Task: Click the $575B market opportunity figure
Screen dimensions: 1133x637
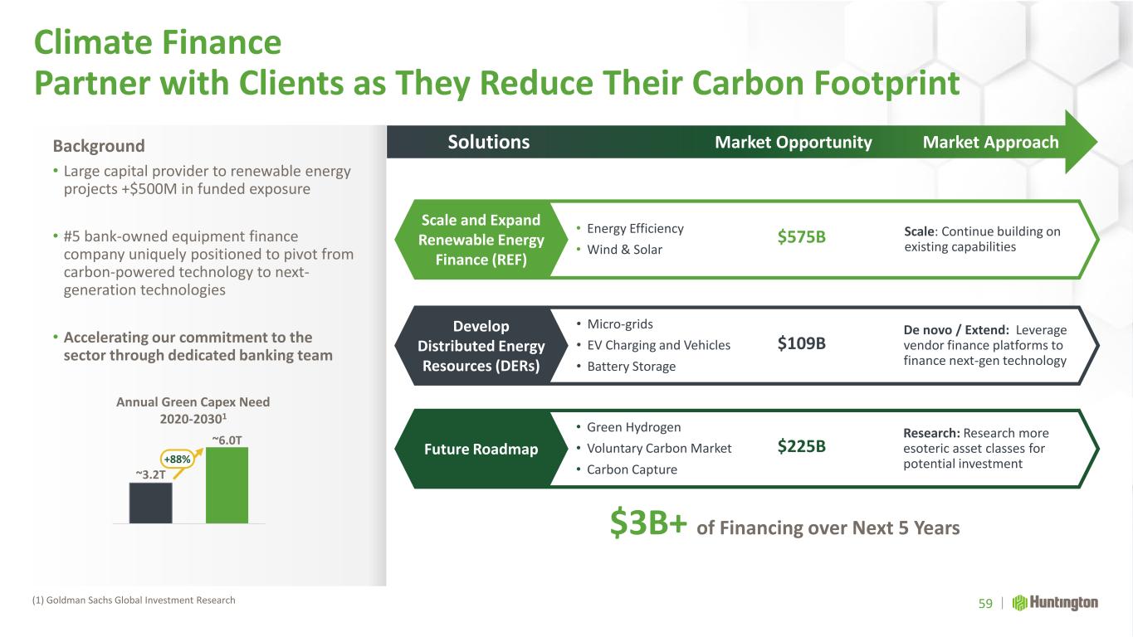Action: pos(801,236)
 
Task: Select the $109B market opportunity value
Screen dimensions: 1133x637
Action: pos(801,343)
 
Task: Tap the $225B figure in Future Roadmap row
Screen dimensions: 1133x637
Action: pos(801,446)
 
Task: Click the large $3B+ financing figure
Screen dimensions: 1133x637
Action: pos(648,523)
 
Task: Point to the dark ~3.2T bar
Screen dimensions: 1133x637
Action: pos(151,503)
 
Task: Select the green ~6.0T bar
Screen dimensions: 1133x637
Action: pos(227,485)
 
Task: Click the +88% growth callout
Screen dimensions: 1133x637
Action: pos(177,459)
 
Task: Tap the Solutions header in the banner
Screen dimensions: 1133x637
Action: pos(489,142)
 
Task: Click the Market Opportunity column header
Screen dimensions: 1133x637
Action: pos(794,143)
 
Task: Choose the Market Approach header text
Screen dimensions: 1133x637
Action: pos(990,143)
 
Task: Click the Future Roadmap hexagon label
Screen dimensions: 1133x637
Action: pos(481,449)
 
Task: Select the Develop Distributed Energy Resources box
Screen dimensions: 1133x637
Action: pos(481,346)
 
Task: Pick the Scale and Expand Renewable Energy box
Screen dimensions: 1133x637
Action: pos(481,240)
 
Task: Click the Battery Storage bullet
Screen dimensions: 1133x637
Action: pos(626,367)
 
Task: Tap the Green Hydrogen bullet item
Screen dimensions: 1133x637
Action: pos(628,427)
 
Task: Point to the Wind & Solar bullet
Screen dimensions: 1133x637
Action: pos(619,250)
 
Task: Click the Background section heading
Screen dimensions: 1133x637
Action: pos(99,146)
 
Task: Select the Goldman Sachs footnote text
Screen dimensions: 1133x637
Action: pos(134,601)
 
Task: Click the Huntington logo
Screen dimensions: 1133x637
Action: pos(1055,603)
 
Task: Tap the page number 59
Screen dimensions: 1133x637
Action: pos(985,604)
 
